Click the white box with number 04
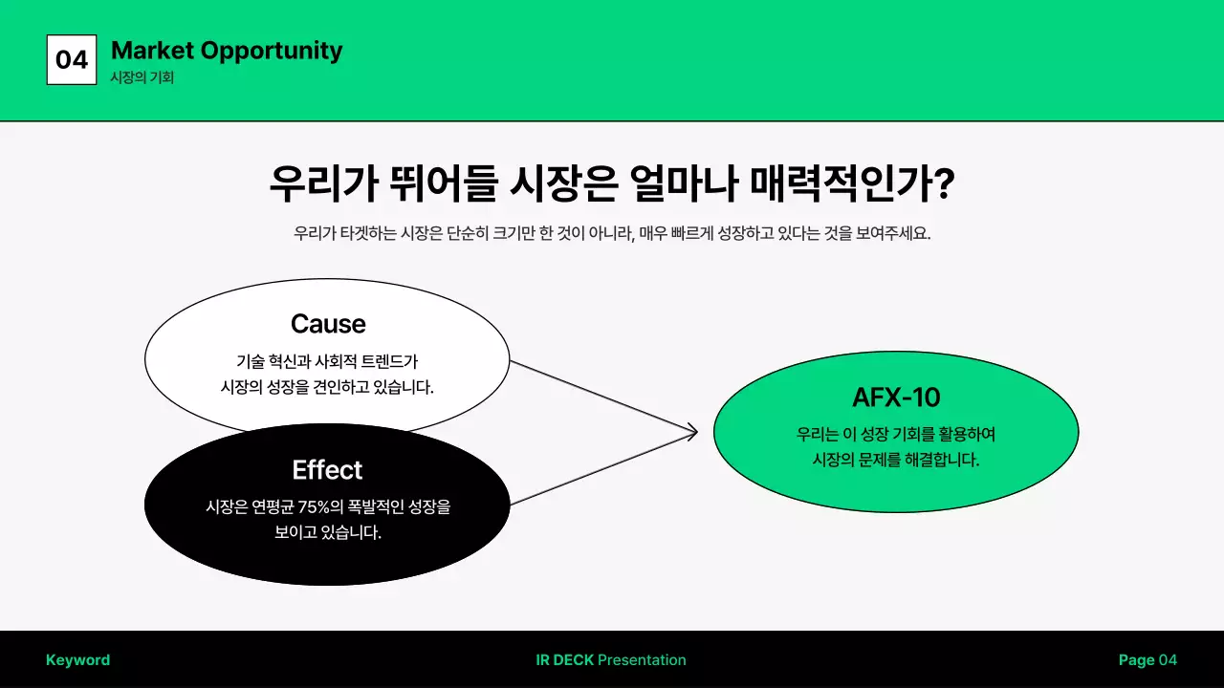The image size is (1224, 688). point(72,59)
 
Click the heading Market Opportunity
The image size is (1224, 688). point(227,51)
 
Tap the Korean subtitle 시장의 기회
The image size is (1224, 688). point(142,78)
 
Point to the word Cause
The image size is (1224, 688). point(328,324)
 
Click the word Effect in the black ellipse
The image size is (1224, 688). point(327,470)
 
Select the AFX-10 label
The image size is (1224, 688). point(896,398)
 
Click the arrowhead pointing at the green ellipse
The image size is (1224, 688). point(691,433)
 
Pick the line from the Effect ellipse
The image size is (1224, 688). point(602,469)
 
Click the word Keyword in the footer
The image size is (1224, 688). point(77,660)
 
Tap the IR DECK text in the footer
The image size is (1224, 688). point(565,660)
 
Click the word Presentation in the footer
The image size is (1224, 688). point(642,660)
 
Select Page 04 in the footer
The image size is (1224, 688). point(1147,660)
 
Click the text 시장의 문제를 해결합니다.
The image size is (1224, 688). point(896,460)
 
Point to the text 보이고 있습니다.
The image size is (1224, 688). point(328,533)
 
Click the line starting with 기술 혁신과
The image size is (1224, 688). point(327,362)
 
